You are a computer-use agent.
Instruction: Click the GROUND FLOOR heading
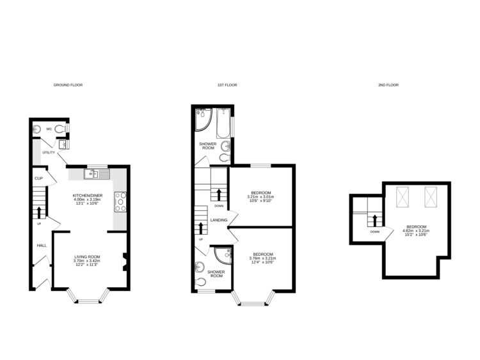pyautogui.click(x=67, y=84)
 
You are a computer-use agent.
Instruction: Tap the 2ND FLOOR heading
pyautogui.click(x=388, y=84)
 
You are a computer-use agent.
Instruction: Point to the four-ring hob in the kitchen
pyautogui.click(x=120, y=201)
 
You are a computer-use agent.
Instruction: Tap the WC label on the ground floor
pyautogui.click(x=48, y=129)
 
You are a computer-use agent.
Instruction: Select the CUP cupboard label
pyautogui.click(x=38, y=179)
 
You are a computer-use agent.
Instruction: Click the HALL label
pyautogui.click(x=41, y=245)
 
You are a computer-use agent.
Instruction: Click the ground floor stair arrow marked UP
pyautogui.click(x=40, y=212)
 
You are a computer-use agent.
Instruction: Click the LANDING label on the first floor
pyautogui.click(x=218, y=220)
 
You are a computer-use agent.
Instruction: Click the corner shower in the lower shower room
pyautogui.click(x=222, y=255)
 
